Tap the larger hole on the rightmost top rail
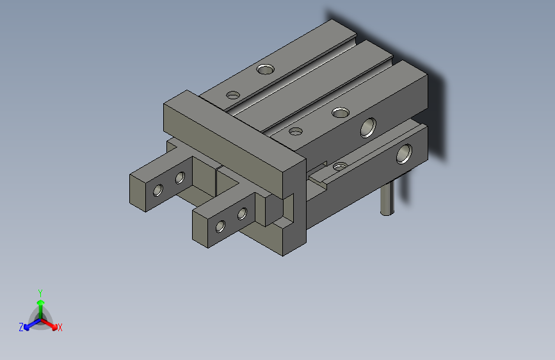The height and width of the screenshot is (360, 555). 341,113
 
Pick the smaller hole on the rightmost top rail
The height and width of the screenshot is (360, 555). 296,132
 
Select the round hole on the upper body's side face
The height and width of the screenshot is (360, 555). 368,128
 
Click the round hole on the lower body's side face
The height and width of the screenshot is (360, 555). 404,154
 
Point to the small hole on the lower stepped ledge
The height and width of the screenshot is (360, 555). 341,167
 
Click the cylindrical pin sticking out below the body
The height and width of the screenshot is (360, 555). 387,198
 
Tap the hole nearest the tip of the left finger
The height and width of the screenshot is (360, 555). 157,190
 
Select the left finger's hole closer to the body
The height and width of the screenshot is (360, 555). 180,177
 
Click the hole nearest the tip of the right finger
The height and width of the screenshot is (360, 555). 220,225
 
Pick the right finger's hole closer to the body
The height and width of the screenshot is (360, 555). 242,213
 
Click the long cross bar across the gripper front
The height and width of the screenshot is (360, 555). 230,141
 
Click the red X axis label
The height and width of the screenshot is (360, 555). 60,327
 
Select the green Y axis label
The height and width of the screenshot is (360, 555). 40,292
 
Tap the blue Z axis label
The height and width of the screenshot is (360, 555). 21,327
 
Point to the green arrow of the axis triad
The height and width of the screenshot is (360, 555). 40,303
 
